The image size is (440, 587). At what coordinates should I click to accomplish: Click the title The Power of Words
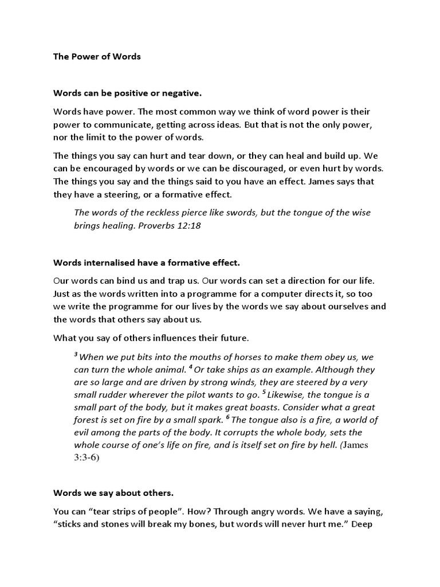[x=97, y=57]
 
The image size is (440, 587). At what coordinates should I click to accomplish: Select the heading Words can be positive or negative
[x=128, y=92]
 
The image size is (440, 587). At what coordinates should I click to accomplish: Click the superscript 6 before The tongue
[x=227, y=417]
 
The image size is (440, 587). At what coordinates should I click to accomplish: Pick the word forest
[x=88, y=420]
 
